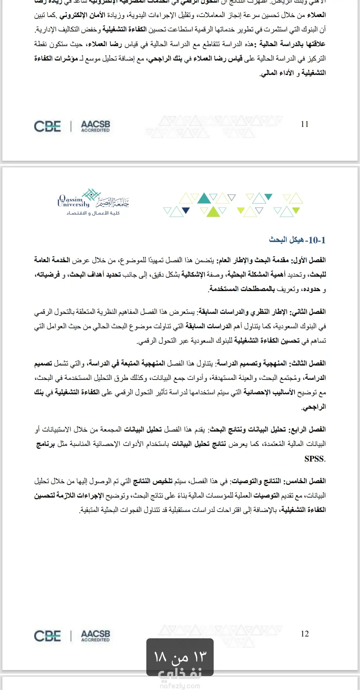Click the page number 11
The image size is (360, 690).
click(x=305, y=124)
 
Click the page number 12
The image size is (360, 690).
click(x=305, y=634)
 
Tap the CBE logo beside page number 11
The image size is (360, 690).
click(x=47, y=126)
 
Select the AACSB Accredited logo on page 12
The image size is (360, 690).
click(x=95, y=636)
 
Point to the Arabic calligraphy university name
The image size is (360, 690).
click(x=112, y=201)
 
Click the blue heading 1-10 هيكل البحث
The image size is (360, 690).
click(x=297, y=240)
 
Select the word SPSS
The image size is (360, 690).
click(x=314, y=459)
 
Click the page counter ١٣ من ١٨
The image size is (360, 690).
click(x=180, y=657)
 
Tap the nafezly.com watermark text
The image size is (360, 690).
click(x=180, y=686)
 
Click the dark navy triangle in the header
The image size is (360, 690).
click(x=186, y=210)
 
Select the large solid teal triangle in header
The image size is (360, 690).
click(x=204, y=199)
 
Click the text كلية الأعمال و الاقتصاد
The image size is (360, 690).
click(x=93, y=213)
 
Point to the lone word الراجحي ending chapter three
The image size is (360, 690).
click(x=314, y=407)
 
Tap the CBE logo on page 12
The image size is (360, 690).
click(x=47, y=636)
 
